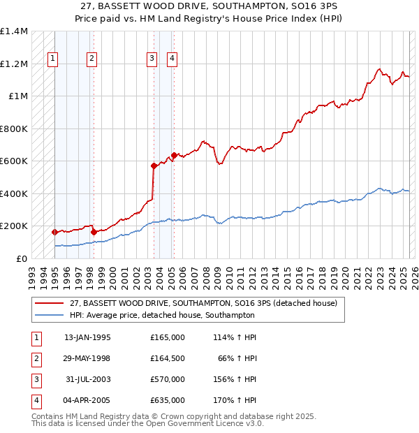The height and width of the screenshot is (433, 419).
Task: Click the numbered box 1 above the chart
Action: [x=53, y=59]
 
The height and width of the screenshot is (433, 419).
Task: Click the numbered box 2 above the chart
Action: [x=92, y=59]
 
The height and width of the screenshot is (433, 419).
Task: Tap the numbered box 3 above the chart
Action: [x=152, y=59]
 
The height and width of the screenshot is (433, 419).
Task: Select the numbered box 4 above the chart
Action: [x=171, y=59]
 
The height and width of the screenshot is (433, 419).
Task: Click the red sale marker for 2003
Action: [x=154, y=166]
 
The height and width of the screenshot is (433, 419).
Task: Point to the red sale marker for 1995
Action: [x=54, y=232]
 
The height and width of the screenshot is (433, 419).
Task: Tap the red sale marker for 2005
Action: [x=174, y=155]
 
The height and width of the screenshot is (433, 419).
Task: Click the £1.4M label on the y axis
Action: [x=14, y=32]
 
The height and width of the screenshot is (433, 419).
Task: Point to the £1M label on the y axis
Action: [x=17, y=96]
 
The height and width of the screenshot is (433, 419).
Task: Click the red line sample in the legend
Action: [x=49, y=303]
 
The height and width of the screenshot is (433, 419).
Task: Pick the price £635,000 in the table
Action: [x=168, y=400]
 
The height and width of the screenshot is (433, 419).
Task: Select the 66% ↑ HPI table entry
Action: [x=240, y=358]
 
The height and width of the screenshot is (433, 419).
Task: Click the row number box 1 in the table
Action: [x=35, y=337]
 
